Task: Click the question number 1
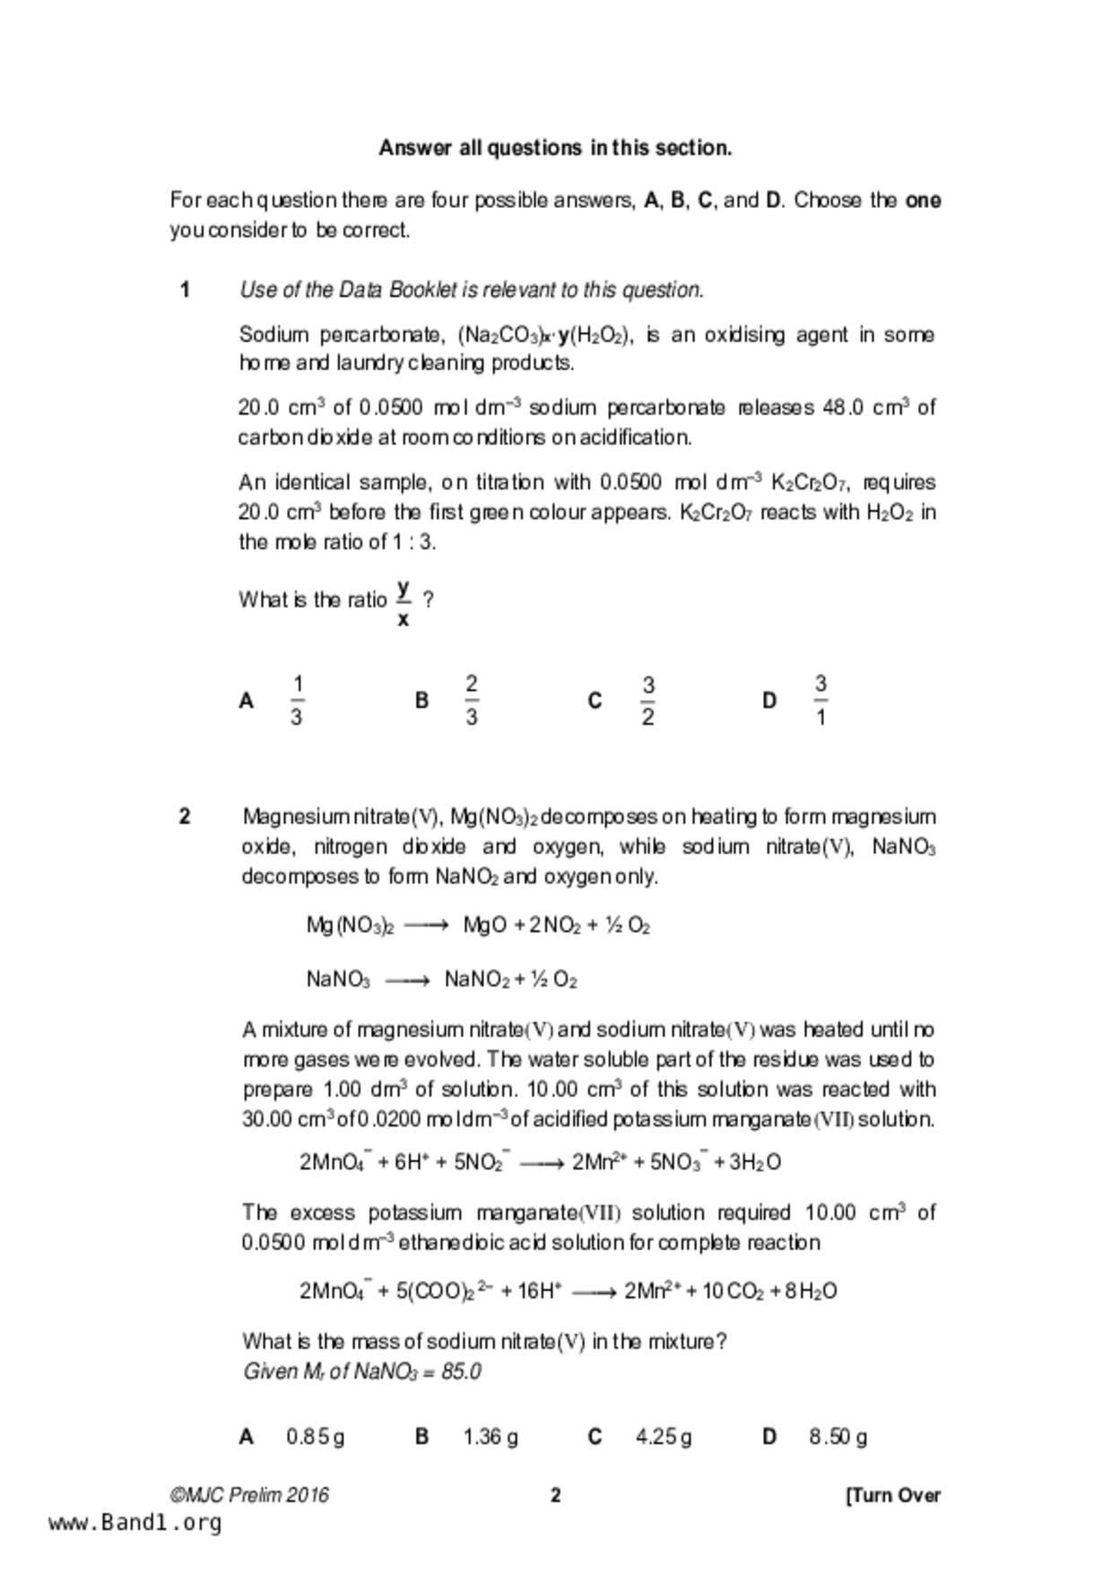(185, 290)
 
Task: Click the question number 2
(185, 816)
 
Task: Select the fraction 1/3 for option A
(297, 700)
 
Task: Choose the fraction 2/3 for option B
(472, 700)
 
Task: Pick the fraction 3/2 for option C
(647, 700)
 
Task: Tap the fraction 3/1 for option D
(820, 700)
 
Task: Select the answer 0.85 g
(315, 1437)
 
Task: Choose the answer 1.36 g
(490, 1437)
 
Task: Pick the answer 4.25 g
(664, 1437)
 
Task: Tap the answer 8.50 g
(838, 1437)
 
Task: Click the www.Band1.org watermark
(135, 1523)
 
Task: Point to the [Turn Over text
(893, 1495)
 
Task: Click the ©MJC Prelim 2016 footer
(250, 1495)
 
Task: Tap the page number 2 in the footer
(555, 1495)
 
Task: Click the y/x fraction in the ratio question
(404, 602)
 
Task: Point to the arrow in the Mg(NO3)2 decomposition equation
(426, 926)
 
